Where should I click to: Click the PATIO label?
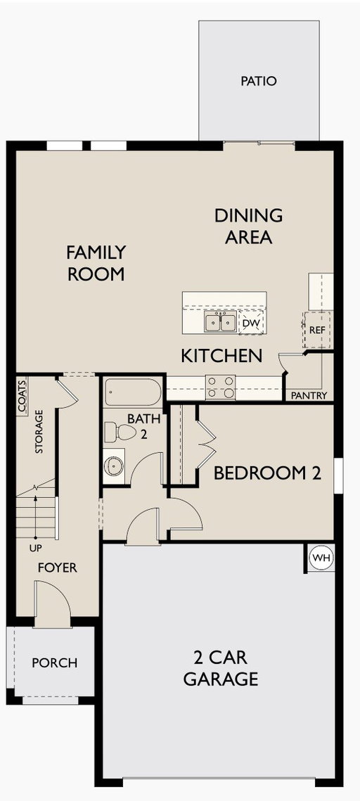(x=258, y=81)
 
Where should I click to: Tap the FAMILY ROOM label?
(x=96, y=263)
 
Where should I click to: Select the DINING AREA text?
(x=249, y=226)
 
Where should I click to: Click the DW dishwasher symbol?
(x=251, y=322)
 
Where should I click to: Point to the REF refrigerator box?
(x=317, y=330)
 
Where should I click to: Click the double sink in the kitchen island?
(x=221, y=322)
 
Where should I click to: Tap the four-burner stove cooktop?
(x=221, y=387)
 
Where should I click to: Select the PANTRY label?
(x=309, y=395)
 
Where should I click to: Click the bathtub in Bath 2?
(x=134, y=392)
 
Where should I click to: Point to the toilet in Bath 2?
(x=120, y=432)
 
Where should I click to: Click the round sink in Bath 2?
(x=114, y=466)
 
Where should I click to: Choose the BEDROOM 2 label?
(x=268, y=473)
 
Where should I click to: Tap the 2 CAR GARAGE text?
(x=221, y=668)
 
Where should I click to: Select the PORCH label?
(x=55, y=662)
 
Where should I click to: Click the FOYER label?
(x=58, y=568)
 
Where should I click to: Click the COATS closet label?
(x=22, y=396)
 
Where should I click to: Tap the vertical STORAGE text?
(x=39, y=432)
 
